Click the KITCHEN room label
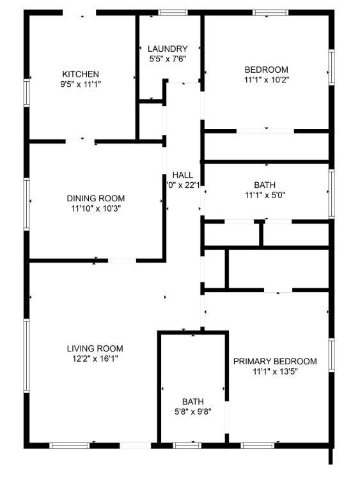80,73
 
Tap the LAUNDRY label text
168,49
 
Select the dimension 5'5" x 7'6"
168,59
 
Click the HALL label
183,175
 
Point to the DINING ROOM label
96,198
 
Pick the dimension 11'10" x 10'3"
96,208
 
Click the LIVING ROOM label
95,348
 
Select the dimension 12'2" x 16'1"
95,359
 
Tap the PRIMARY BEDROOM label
275,361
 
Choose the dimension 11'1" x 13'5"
275,371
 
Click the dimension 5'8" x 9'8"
192,412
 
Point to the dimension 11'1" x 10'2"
266,80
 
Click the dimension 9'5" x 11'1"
80,84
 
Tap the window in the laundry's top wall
169,12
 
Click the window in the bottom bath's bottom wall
185,445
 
